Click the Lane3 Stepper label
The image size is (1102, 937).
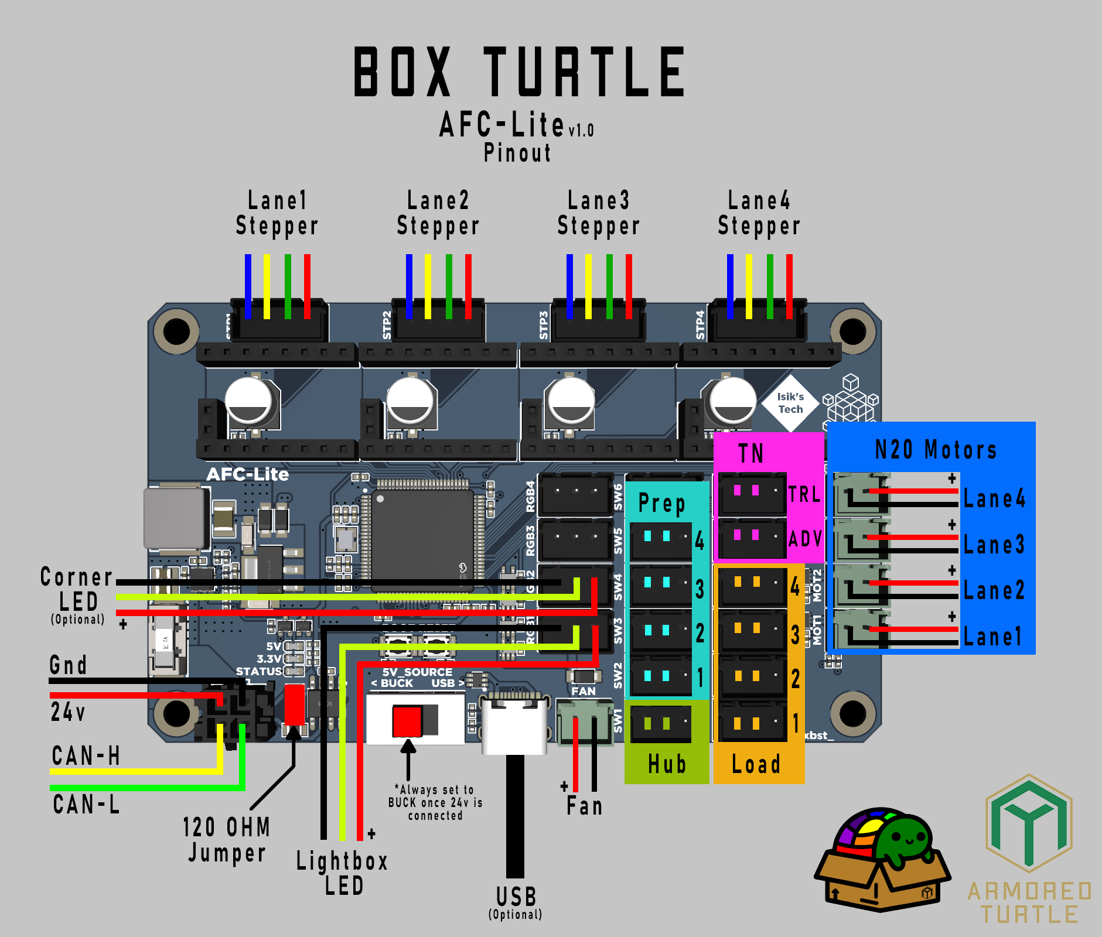click(598, 213)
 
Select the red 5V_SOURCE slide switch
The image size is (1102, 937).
click(408, 721)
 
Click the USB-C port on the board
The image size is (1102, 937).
click(514, 723)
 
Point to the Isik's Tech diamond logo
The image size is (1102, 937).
click(790, 403)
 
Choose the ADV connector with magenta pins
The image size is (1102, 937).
click(752, 538)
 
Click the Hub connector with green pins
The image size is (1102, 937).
click(661, 724)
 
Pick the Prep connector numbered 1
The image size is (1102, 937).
click(661, 677)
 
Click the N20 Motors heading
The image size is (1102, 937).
click(935, 450)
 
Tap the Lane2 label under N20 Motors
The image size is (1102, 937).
click(994, 590)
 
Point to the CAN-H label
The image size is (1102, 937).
click(86, 755)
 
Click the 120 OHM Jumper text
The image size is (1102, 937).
click(226, 840)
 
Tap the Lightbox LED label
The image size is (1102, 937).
click(342, 873)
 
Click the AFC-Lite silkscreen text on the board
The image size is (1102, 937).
click(247, 474)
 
